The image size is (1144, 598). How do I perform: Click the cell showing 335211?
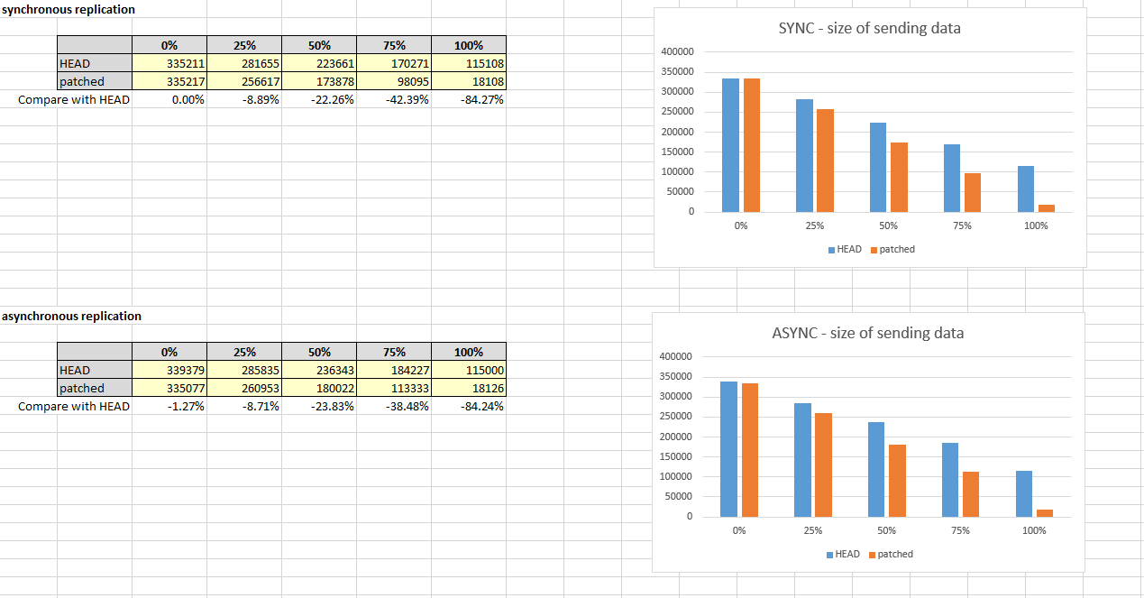pos(169,64)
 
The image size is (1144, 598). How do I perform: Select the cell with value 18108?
pos(469,82)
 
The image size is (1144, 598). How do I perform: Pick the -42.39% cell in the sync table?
pos(394,100)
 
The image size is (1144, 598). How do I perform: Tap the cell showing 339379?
pos(169,371)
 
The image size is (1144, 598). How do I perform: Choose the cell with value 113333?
pos(394,389)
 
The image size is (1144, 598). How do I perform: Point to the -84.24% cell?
pos(469,407)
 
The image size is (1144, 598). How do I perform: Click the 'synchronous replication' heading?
pos(69,10)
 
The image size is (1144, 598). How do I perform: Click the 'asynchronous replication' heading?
pos(72,317)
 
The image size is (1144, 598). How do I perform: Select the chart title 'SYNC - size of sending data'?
pos(869,28)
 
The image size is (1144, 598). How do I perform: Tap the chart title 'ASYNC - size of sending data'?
pos(867,333)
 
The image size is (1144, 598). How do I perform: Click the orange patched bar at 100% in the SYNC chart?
pos(1047,208)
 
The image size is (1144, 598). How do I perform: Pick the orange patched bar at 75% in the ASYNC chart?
pos(971,494)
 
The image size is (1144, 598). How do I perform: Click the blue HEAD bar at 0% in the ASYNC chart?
pos(729,449)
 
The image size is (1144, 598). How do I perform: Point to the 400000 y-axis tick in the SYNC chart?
pos(677,51)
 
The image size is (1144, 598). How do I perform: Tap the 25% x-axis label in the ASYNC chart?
pos(813,530)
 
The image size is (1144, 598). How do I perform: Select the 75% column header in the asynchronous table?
pos(394,353)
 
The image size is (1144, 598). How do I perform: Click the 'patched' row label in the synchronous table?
pos(82,82)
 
